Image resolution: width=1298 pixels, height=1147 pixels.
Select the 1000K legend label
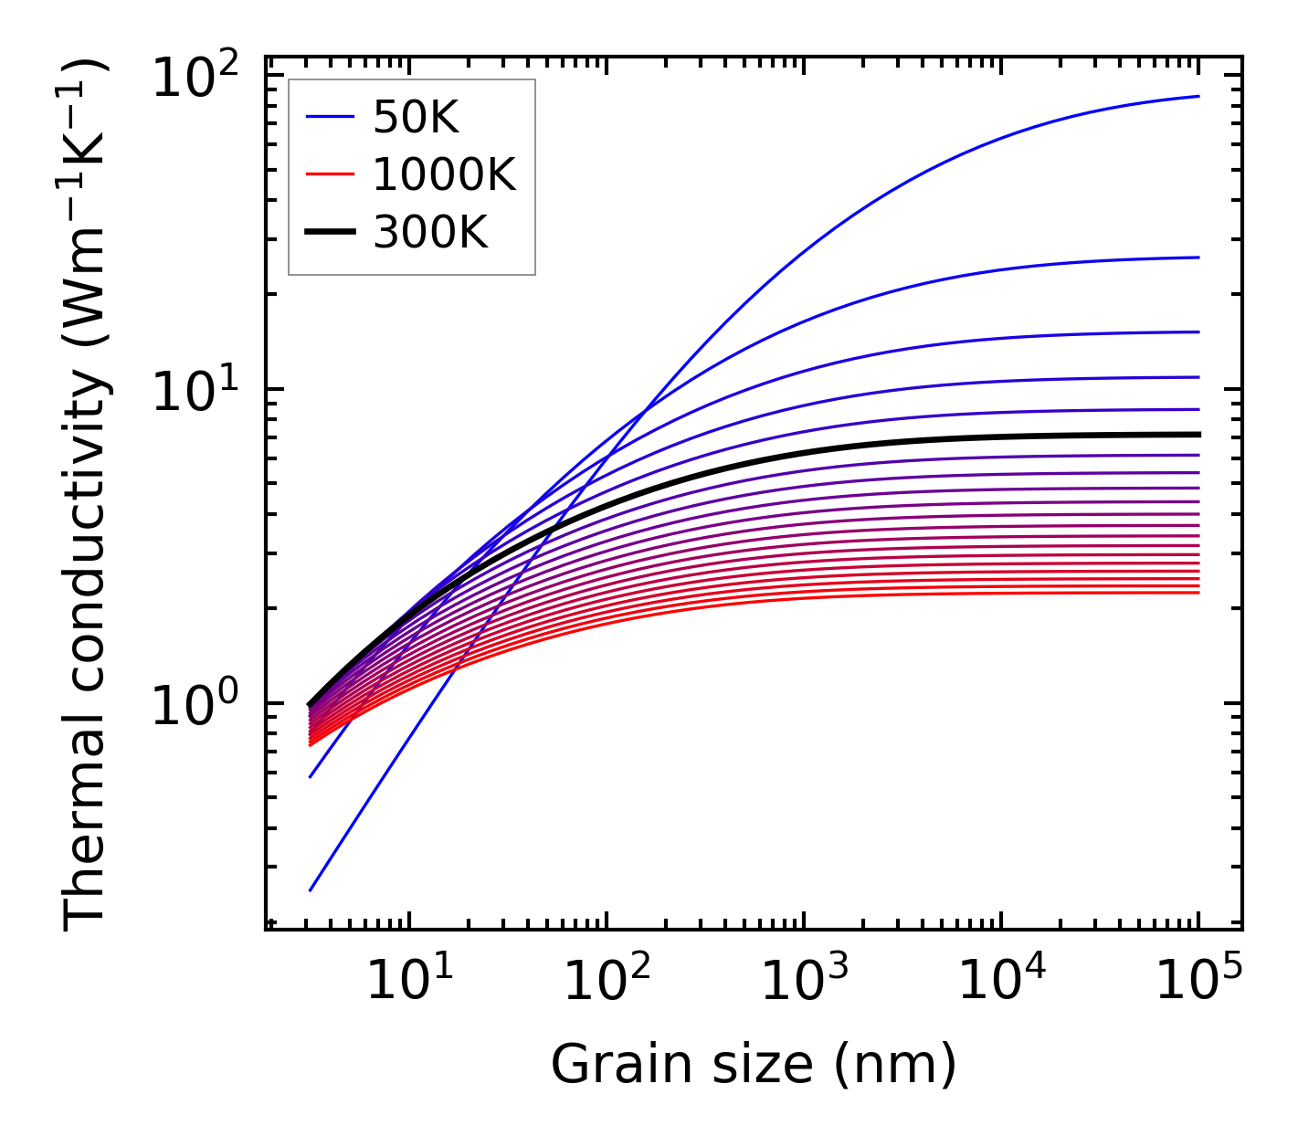pos(444,174)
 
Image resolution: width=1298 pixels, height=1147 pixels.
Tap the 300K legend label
pos(430,233)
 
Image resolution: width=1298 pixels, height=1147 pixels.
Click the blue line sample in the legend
pos(329,117)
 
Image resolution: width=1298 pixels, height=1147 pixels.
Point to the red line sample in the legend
pos(329,174)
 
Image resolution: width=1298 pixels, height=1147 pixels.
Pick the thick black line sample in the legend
pos(329,233)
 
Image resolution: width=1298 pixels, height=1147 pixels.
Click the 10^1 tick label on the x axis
pos(408,982)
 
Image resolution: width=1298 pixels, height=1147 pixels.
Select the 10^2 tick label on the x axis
pos(607,982)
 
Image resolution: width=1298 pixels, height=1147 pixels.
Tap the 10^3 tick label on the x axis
pos(804,982)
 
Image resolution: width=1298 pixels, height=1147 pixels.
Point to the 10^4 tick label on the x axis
pos(1002,982)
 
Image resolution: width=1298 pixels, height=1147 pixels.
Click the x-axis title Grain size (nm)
pos(754,1065)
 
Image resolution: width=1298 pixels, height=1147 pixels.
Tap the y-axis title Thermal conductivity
pos(86,493)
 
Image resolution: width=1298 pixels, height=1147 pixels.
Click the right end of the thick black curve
pos(1198,435)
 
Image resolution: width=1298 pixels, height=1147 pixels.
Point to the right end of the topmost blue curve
pos(1198,96)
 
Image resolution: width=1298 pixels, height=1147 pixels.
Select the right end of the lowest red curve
pos(1198,593)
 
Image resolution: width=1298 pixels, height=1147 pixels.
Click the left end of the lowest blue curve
pos(311,890)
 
